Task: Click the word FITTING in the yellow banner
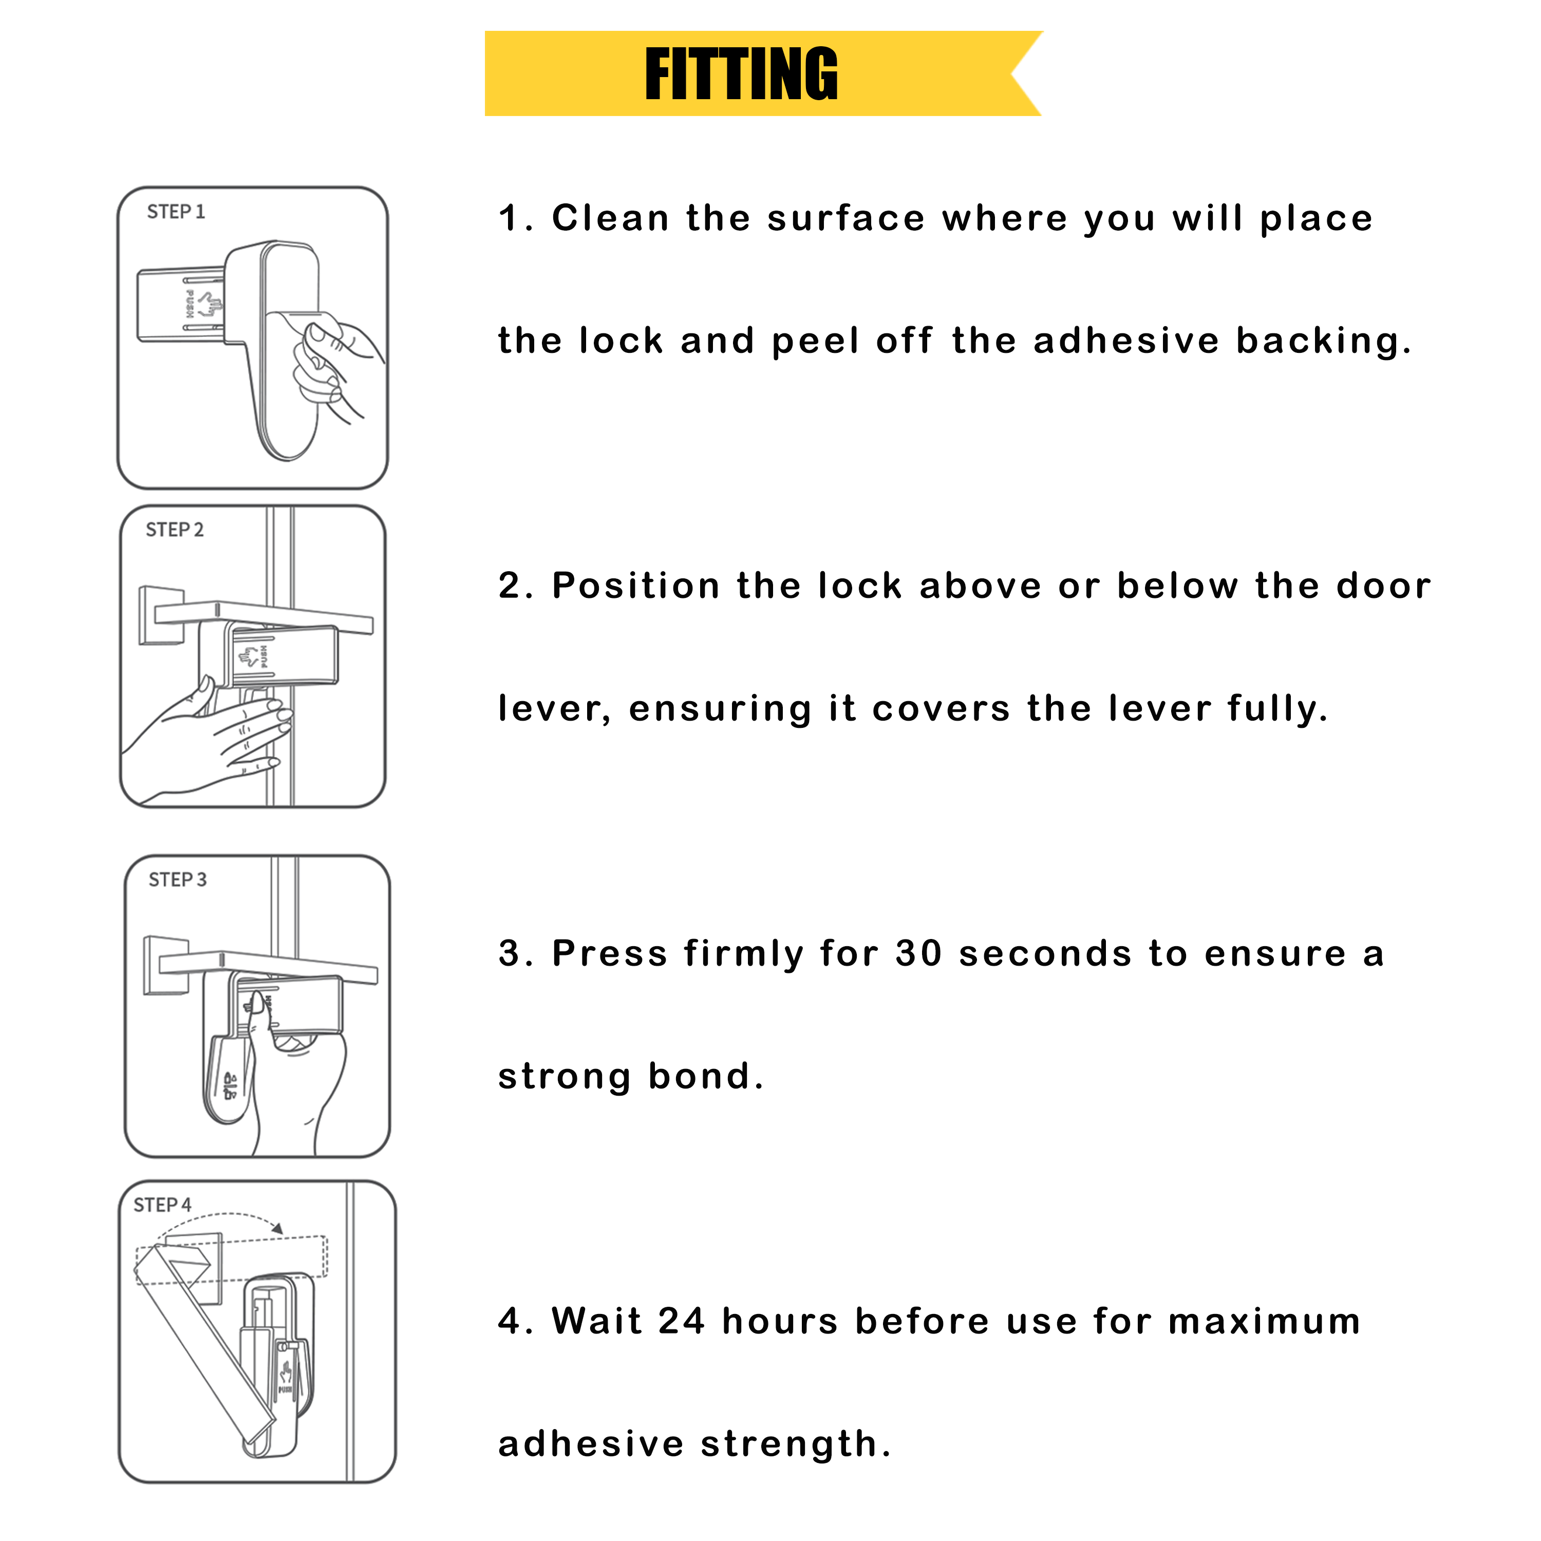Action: [741, 74]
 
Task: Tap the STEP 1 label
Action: [176, 212]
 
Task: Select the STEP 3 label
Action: [177, 880]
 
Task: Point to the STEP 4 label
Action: [162, 1205]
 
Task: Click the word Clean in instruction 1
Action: [610, 218]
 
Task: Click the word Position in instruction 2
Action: [636, 586]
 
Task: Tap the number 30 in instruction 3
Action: [919, 954]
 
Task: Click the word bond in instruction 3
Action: [705, 1077]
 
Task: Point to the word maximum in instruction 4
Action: [1264, 1322]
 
